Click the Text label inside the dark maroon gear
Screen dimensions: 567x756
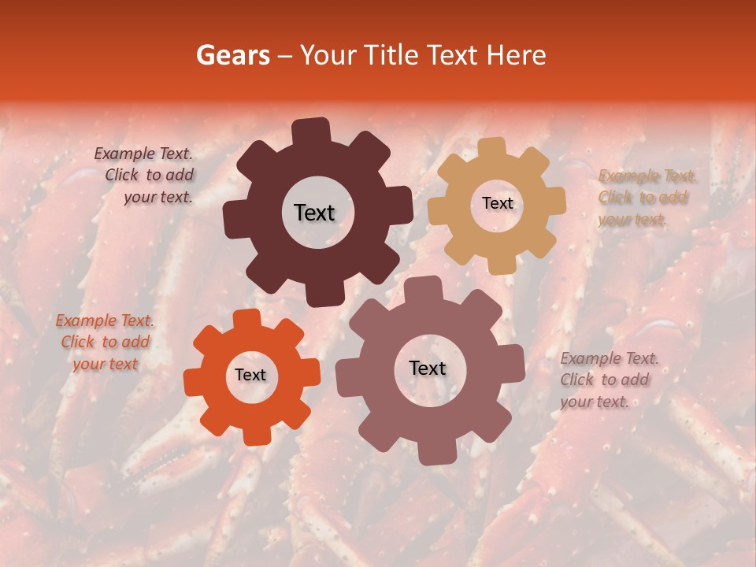(314, 213)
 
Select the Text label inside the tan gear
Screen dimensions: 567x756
(497, 203)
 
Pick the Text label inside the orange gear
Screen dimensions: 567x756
(250, 375)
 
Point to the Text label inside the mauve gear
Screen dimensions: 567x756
(428, 368)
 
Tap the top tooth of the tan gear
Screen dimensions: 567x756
(493, 148)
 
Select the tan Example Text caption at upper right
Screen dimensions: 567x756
(644, 198)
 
